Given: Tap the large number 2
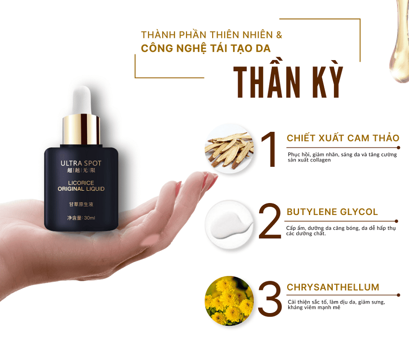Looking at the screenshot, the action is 270,221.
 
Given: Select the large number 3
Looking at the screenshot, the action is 270,299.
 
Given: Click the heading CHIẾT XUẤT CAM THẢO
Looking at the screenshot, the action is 343,138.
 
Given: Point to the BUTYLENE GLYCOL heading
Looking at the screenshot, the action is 332,212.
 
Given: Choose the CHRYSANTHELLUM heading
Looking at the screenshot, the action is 333,287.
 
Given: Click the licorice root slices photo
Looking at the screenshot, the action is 229,149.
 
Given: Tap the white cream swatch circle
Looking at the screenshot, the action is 229,224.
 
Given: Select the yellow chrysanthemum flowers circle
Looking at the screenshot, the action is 229,301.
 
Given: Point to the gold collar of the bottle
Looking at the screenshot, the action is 81,130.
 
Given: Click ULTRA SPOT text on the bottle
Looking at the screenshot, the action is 81,163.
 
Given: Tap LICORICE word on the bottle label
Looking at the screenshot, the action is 81,183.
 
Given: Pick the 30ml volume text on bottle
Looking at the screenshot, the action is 89,218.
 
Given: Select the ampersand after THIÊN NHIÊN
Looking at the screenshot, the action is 279,35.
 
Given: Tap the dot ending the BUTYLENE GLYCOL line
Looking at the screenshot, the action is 397,221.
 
